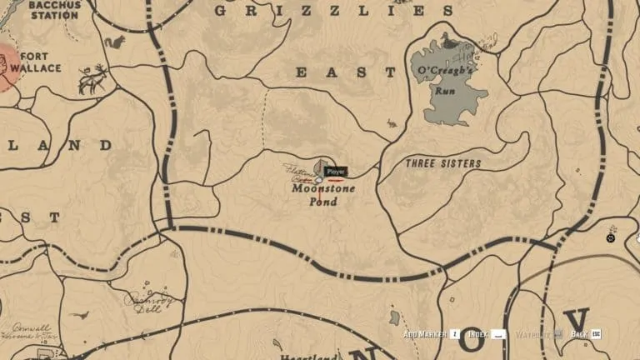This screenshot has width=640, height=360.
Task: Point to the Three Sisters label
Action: click(443, 164)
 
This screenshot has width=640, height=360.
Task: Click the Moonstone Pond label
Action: click(322, 194)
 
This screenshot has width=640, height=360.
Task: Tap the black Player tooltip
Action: click(336, 172)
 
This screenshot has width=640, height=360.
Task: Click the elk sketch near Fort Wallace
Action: click(92, 78)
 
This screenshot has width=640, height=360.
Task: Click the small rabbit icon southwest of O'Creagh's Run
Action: click(392, 125)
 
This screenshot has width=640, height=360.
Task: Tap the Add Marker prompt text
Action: click(424, 335)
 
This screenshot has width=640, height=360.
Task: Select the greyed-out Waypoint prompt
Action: click(532, 335)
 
